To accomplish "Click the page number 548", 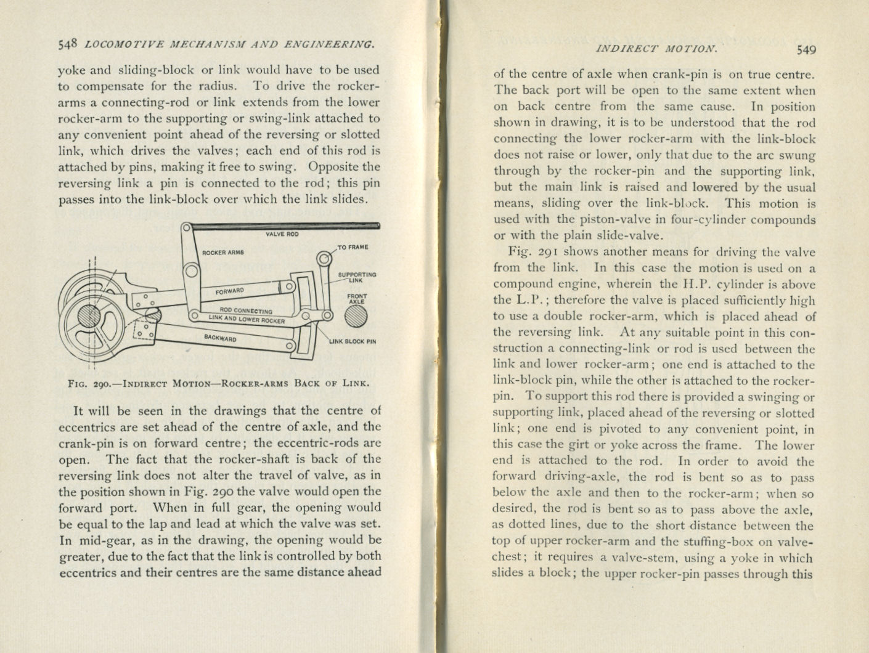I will [x=68, y=44].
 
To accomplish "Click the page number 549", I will [x=806, y=50].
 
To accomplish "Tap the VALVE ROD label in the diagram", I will [x=282, y=234].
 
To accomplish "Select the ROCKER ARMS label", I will [x=223, y=252].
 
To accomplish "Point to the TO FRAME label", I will [x=353, y=247].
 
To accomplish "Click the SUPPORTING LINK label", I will [x=357, y=277].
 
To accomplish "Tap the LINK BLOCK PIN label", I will [x=352, y=341].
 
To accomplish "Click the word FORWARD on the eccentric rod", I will [x=230, y=291].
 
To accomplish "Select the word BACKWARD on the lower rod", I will [x=220, y=338].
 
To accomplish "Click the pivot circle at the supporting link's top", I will [x=324, y=258].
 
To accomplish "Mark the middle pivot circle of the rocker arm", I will [x=192, y=271].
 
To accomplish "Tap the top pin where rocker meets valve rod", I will [x=187, y=229].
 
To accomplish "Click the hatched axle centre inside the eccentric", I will [x=89, y=317].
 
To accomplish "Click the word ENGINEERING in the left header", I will [x=337, y=44].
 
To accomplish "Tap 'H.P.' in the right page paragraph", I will [x=680, y=284].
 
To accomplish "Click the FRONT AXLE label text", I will [x=357, y=299].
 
